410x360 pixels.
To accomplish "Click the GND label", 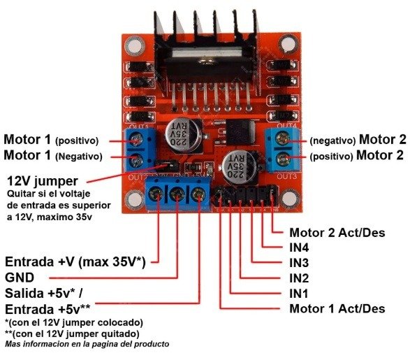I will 20,278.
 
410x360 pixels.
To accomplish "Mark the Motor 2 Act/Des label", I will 337,233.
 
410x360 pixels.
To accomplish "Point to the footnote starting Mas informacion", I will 87,344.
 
